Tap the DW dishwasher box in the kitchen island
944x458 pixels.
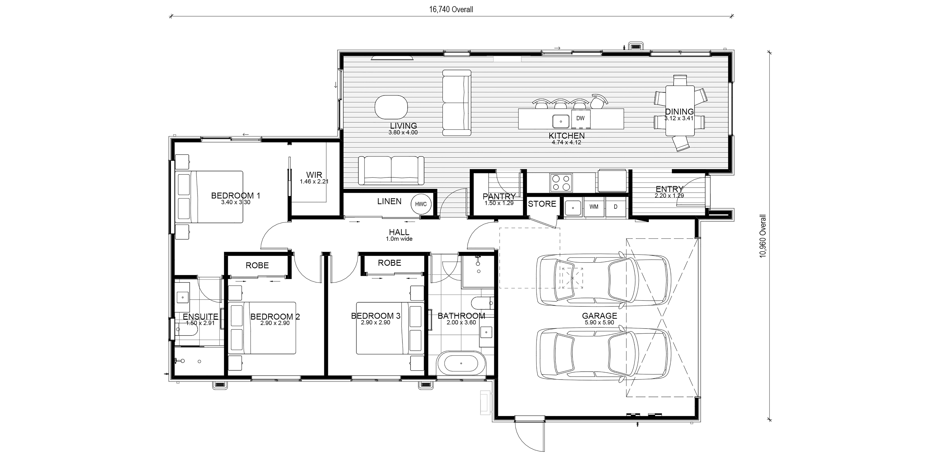580,118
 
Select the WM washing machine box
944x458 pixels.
594,207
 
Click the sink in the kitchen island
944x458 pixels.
560,120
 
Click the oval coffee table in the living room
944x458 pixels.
391,107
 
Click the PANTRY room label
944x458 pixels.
499,197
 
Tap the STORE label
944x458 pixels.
542,204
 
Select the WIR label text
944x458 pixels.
314,175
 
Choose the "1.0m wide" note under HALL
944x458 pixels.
399,239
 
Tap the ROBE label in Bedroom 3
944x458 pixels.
389,263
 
